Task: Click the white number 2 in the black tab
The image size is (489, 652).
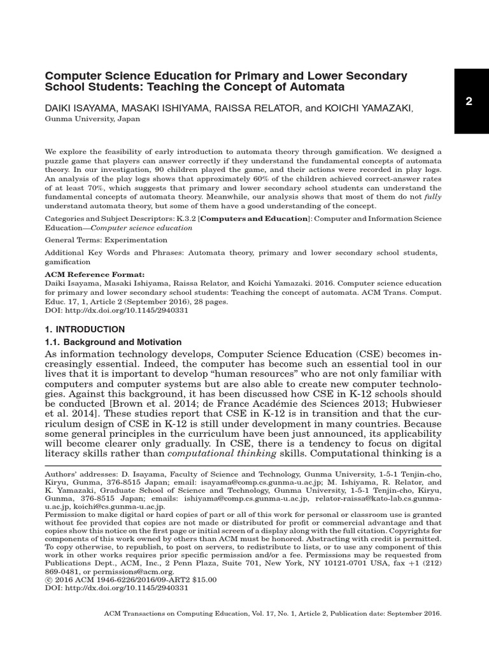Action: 468,102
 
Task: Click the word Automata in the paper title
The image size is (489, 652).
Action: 316,86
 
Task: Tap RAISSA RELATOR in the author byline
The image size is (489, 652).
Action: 260,109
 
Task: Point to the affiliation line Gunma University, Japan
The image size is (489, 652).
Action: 92,119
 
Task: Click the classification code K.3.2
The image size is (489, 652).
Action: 186,218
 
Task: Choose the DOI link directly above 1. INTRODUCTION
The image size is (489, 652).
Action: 117,311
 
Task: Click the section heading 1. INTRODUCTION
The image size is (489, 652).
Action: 85,329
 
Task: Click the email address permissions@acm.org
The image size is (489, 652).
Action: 118,572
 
